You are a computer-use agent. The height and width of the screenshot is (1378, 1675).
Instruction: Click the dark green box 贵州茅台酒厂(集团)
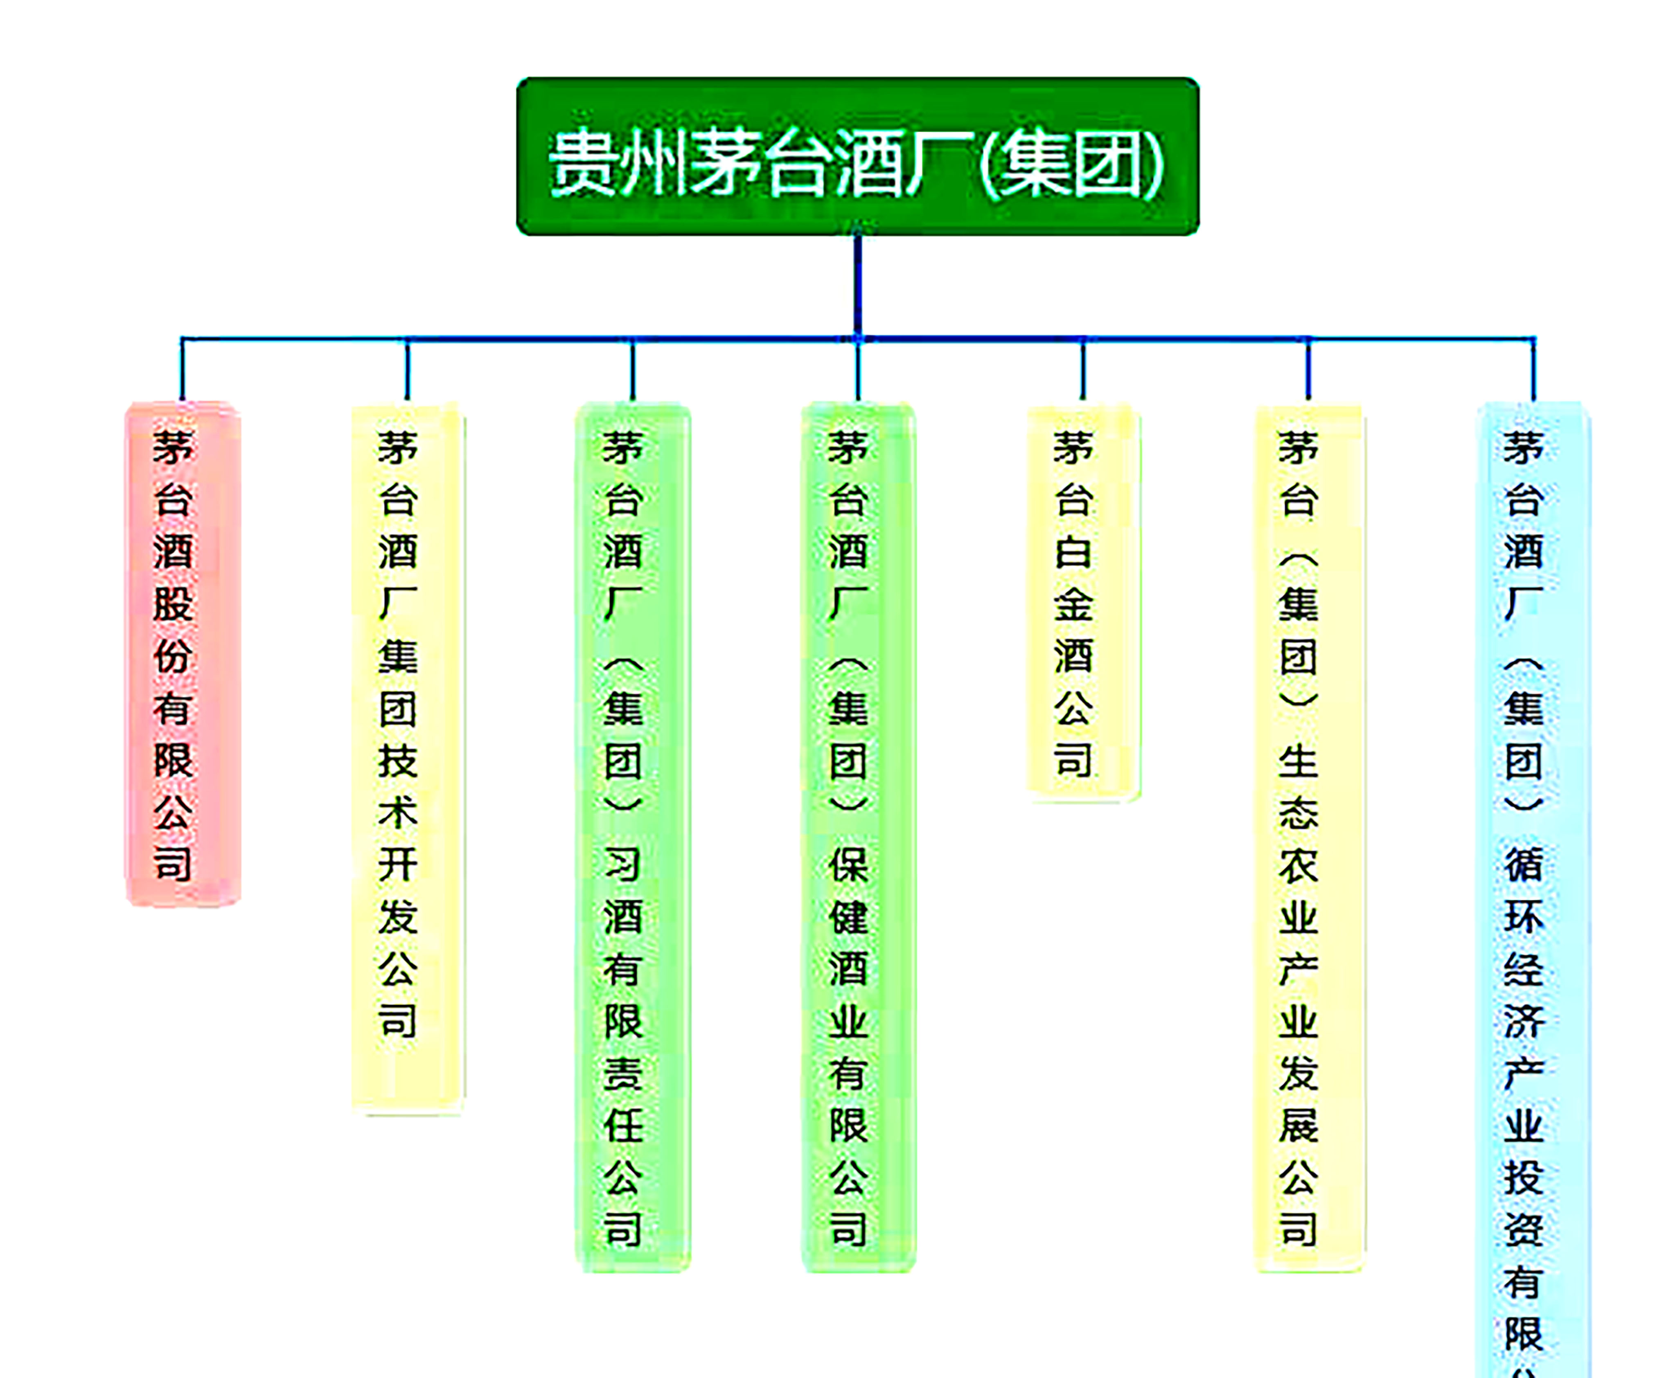[857, 156]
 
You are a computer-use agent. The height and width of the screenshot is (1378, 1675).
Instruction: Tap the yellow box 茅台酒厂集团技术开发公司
[407, 758]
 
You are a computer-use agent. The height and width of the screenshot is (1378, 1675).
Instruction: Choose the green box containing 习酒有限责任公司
[633, 838]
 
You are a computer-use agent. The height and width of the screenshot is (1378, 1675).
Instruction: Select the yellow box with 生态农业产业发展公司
[1308, 838]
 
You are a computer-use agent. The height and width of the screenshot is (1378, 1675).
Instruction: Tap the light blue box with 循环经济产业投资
[1533, 889]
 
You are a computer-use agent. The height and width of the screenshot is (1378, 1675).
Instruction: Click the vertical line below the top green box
[857, 286]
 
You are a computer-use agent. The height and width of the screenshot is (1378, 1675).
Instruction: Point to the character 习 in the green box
[623, 864]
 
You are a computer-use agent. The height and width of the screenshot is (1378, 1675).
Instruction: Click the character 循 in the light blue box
[1523, 864]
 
